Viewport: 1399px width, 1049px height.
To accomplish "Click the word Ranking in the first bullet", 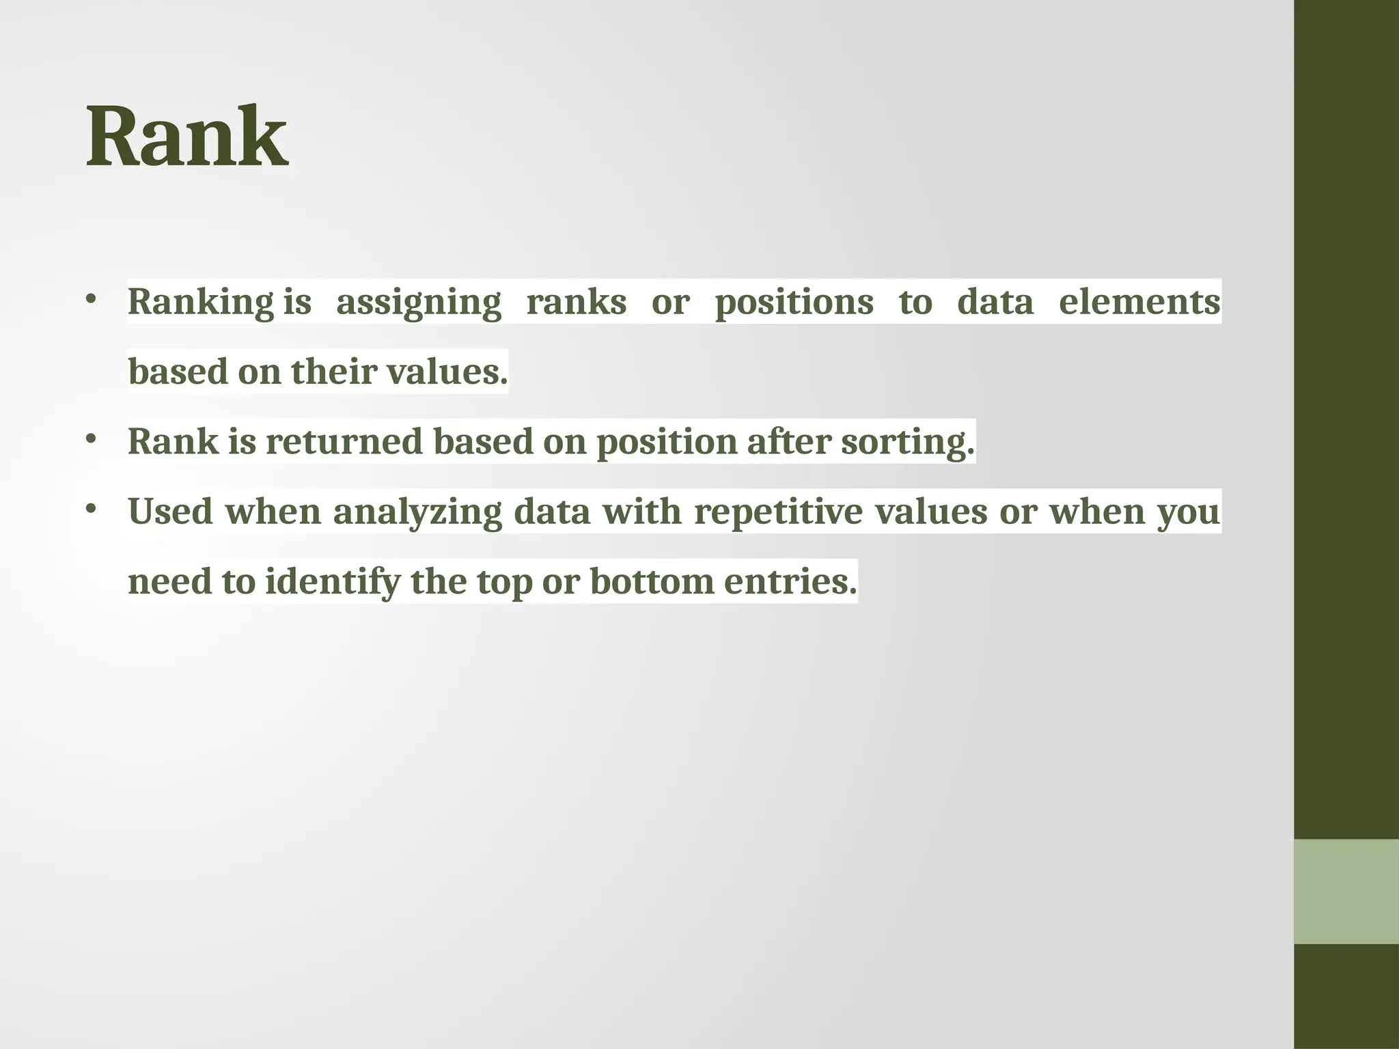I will point(201,303).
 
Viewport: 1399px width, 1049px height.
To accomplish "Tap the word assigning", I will point(419,303).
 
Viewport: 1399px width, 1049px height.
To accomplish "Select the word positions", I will point(794,303).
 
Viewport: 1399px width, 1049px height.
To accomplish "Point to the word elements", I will point(1139,303).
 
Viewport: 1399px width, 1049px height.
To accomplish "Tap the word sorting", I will point(907,442).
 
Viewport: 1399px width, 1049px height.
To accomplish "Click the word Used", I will point(170,512).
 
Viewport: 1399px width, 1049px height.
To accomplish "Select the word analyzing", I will point(417,512).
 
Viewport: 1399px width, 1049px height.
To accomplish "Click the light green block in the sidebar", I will point(1346,891).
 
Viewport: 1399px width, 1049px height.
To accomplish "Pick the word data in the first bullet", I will point(995,303).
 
